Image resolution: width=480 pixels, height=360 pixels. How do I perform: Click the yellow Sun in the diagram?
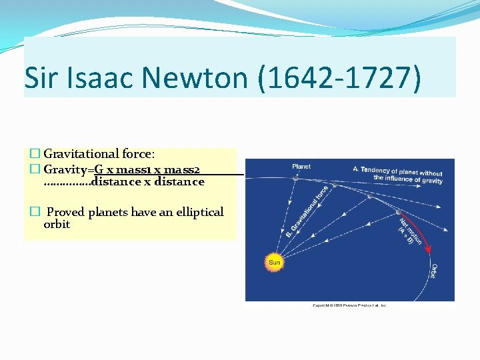(274, 262)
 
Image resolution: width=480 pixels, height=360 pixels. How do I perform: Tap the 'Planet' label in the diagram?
(301, 167)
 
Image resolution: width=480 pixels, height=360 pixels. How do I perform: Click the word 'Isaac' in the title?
(95, 77)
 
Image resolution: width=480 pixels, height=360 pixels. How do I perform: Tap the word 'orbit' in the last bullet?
(57, 225)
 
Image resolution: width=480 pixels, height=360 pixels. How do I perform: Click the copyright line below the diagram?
(349, 305)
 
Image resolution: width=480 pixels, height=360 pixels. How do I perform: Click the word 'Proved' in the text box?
(65, 212)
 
